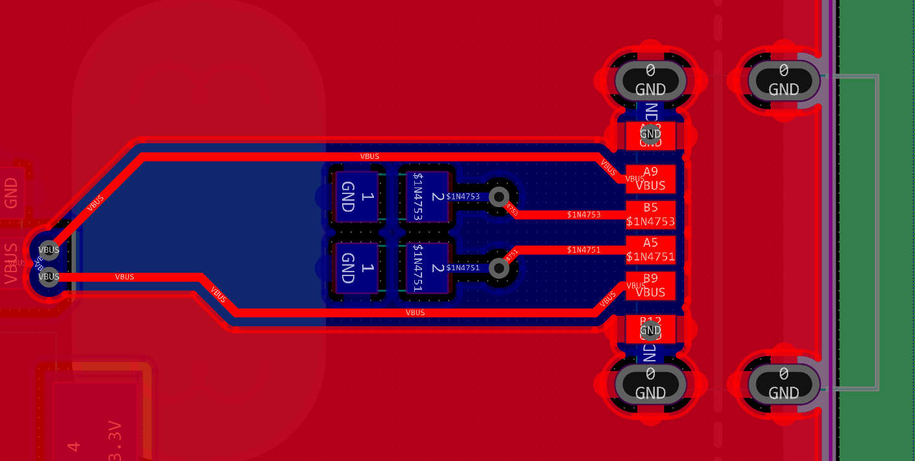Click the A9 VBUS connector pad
point(650,178)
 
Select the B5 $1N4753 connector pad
point(650,214)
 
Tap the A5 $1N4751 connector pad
point(650,249)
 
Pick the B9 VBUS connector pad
point(650,285)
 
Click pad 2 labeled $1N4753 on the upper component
point(427,197)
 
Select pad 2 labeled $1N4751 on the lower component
point(427,268)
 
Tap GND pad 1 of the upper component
point(356,197)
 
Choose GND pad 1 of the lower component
point(356,268)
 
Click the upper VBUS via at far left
point(49,249)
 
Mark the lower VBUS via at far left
point(49,277)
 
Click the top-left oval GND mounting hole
point(650,80)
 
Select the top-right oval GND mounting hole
point(784,80)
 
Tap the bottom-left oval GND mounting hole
point(650,384)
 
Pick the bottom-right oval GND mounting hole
point(784,384)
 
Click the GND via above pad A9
point(650,134)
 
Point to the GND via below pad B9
point(650,330)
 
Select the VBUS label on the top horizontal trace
point(369,156)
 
